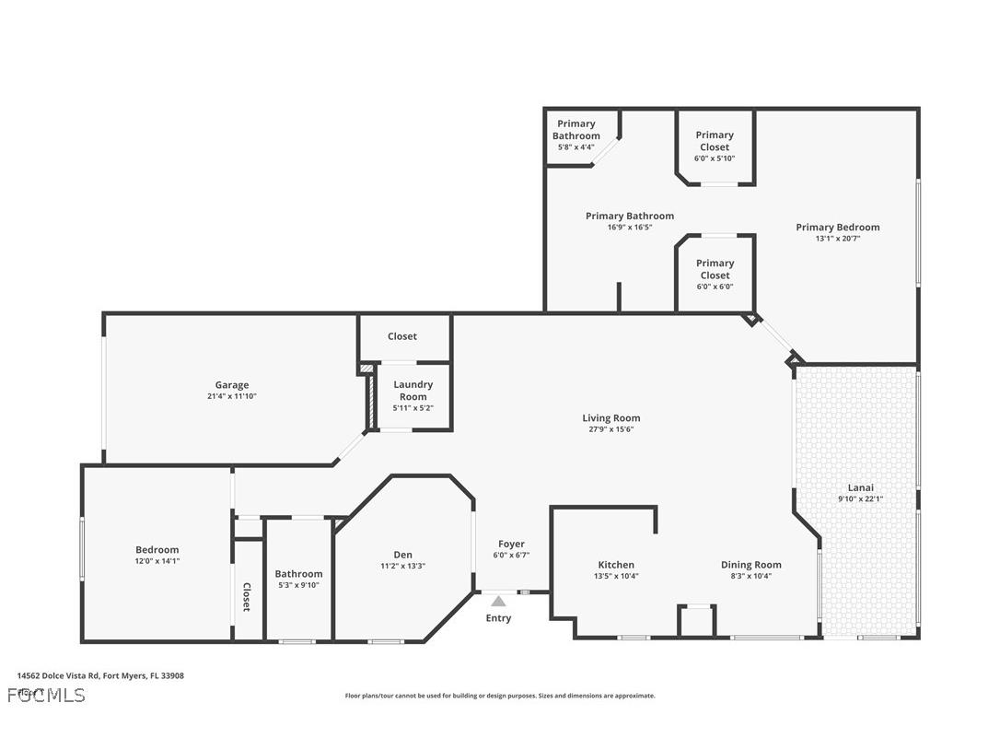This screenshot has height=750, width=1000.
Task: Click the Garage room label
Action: (232, 385)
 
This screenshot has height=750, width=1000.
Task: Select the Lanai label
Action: (860, 487)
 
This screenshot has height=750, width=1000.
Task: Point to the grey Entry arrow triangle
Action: (498, 602)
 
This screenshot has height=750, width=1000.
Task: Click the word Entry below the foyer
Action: (498, 618)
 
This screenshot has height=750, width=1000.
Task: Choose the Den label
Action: (402, 555)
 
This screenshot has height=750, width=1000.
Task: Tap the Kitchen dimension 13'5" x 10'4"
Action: (616, 576)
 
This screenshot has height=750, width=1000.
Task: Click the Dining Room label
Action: (750, 565)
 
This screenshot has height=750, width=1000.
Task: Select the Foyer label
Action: (511, 544)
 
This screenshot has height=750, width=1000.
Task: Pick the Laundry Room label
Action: (413, 391)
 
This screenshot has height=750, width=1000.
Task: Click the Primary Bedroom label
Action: (837, 228)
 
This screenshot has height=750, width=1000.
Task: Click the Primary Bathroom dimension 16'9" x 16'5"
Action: (629, 227)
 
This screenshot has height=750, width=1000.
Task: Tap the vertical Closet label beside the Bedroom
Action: (247, 596)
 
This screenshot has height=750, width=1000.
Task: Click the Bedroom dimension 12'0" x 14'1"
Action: (157, 560)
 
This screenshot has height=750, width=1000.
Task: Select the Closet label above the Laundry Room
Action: (402, 336)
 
